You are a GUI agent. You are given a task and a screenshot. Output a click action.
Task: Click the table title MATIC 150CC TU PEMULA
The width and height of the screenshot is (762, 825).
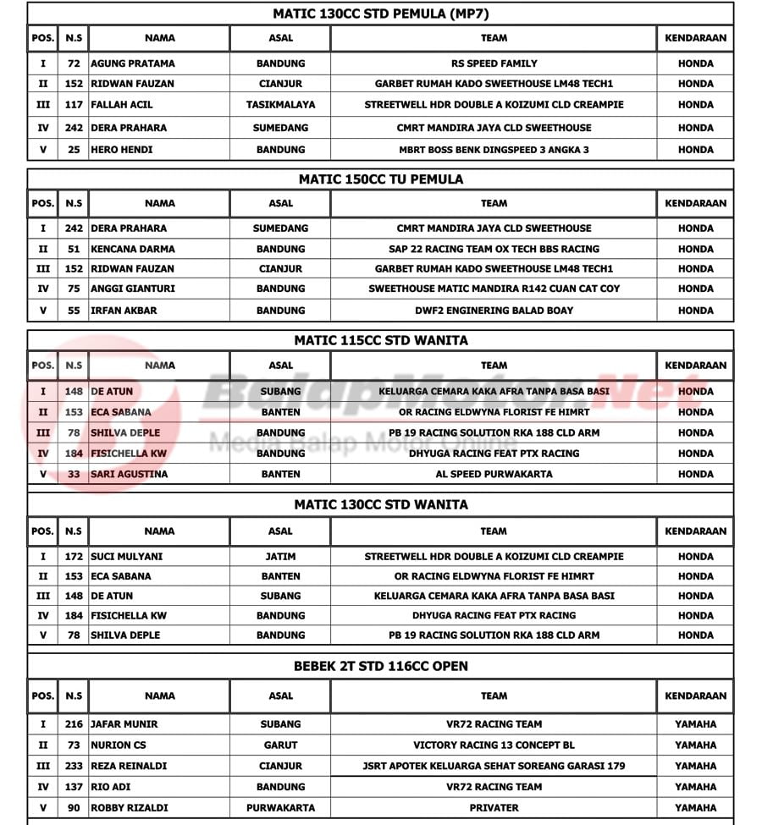pos(380,179)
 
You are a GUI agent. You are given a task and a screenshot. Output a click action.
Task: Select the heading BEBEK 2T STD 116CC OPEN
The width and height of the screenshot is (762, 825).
pos(380,666)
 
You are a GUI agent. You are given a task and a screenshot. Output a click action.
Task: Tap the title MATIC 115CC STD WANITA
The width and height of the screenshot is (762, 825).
pos(380,340)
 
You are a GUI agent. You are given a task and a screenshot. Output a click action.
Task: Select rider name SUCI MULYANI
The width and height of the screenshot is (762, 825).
pos(127,557)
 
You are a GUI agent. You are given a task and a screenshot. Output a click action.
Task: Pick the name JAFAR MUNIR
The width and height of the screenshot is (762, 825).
pos(124,724)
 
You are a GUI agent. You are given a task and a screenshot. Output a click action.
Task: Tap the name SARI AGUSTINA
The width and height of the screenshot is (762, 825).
pos(130,474)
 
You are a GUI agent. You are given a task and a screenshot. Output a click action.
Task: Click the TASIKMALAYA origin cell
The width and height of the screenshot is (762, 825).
pos(280,105)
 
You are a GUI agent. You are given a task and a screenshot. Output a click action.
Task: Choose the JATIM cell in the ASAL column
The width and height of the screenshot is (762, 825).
pos(280,557)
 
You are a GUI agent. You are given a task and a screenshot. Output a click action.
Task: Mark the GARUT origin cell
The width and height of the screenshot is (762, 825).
pos(280,745)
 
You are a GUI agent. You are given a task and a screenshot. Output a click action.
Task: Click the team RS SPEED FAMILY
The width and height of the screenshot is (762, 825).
pos(494,63)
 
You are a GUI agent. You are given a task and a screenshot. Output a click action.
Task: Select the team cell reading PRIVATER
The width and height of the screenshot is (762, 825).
pos(494,807)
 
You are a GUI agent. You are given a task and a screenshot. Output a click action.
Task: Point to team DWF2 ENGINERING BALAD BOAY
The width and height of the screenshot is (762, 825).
pos(494,311)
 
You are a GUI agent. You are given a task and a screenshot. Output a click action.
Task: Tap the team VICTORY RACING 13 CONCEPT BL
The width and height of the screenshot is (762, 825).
pos(494,745)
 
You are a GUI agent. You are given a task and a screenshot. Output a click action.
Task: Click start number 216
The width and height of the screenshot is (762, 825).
pos(74,724)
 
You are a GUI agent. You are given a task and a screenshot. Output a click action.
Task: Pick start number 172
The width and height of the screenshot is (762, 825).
pos(74,557)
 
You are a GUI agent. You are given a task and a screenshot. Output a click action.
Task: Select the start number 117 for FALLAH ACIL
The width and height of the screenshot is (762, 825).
pos(74,105)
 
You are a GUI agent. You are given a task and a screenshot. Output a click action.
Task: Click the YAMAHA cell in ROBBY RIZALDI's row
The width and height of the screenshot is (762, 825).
pos(695,807)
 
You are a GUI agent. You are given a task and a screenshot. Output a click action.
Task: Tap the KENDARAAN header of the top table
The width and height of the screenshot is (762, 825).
pos(695,38)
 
